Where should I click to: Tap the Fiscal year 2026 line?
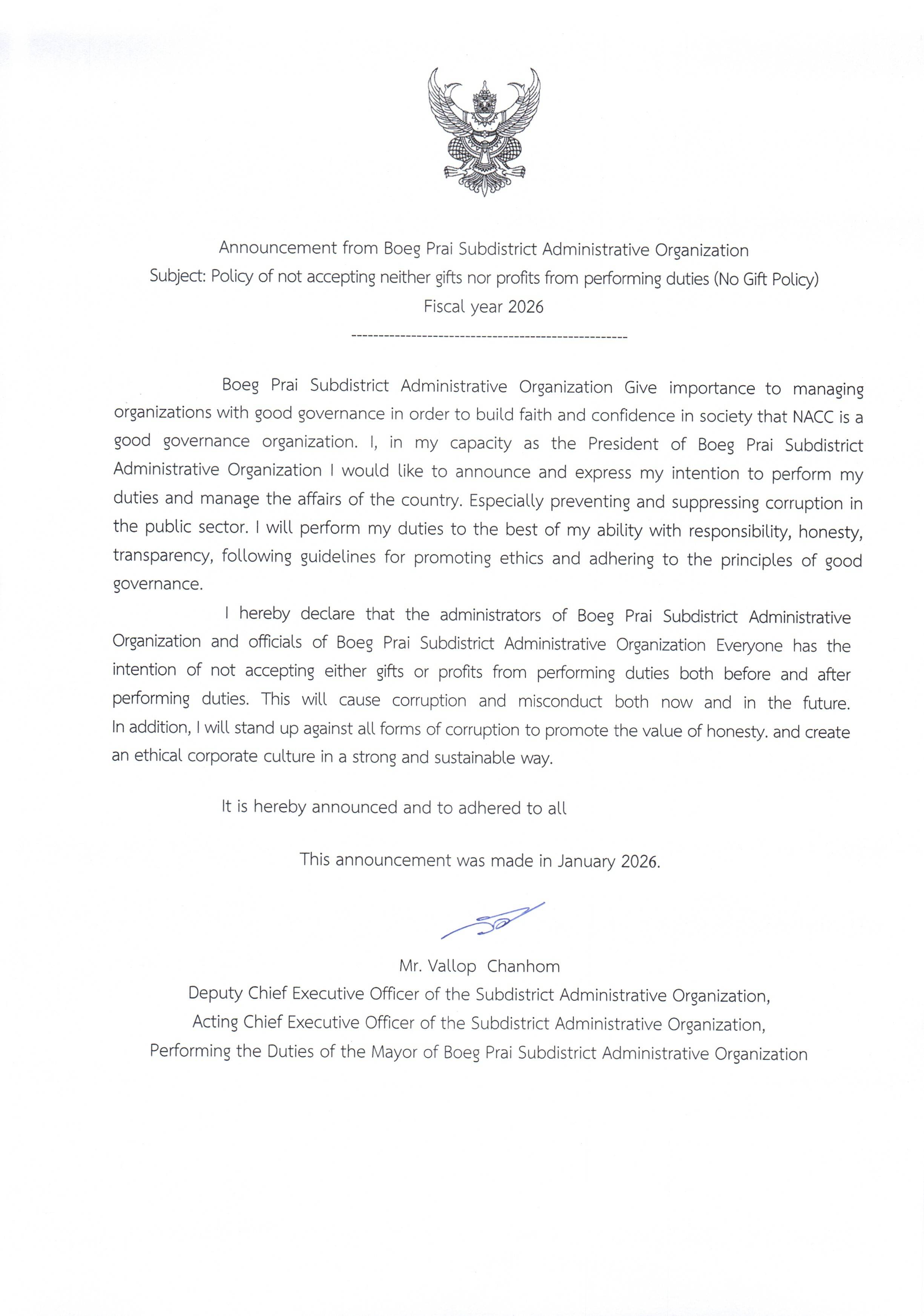483,307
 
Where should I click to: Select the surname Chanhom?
523,966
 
